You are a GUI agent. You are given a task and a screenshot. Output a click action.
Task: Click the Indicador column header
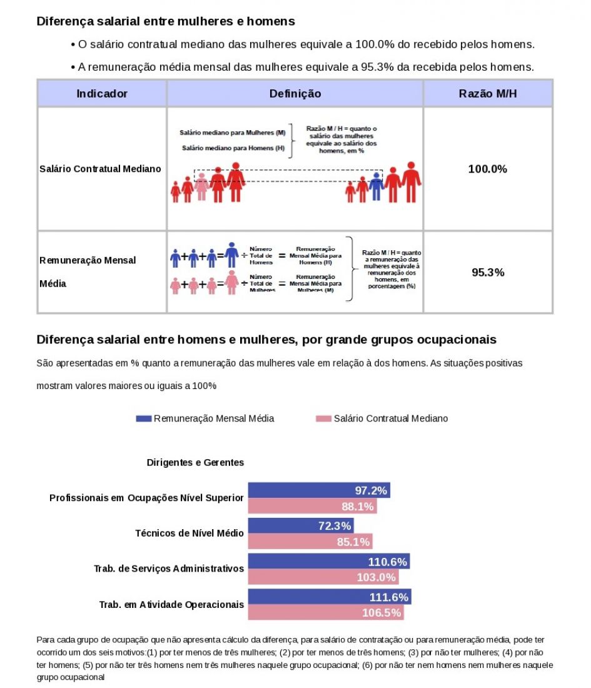pyautogui.click(x=102, y=94)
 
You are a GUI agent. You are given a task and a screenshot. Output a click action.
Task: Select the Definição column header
pyautogui.click(x=295, y=94)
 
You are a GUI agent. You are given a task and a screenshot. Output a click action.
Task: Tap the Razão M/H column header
pyautogui.click(x=488, y=94)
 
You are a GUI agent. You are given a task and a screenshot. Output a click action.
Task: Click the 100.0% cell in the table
pyautogui.click(x=488, y=169)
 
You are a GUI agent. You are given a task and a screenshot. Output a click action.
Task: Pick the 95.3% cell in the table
pyautogui.click(x=488, y=273)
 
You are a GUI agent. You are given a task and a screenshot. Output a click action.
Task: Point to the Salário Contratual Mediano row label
pyautogui.click(x=100, y=169)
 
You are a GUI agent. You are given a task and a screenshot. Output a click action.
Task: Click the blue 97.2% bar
pyautogui.click(x=320, y=490)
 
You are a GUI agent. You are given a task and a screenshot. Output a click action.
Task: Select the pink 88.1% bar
pyautogui.click(x=313, y=506)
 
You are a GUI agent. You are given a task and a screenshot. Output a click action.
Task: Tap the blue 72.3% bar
pyautogui.click(x=301, y=526)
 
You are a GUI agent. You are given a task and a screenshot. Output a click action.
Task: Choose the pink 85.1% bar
pyautogui.click(x=310, y=542)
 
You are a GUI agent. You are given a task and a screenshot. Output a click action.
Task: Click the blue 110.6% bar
pyautogui.click(x=329, y=561)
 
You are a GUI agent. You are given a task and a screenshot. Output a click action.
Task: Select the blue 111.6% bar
pyautogui.click(x=330, y=597)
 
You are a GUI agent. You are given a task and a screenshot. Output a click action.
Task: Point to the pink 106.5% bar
pyautogui.click(x=326, y=612)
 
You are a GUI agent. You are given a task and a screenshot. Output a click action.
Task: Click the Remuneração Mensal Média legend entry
pyautogui.click(x=205, y=418)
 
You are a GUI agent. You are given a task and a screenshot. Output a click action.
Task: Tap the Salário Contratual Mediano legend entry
pyautogui.click(x=382, y=418)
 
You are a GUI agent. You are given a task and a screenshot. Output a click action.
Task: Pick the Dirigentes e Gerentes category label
pyautogui.click(x=195, y=463)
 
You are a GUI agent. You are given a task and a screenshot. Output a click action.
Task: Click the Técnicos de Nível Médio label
pyautogui.click(x=189, y=534)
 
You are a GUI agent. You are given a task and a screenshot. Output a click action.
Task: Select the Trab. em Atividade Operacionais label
pyautogui.click(x=171, y=605)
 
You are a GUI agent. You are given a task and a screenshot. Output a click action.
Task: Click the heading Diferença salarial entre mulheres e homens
pyautogui.click(x=166, y=21)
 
